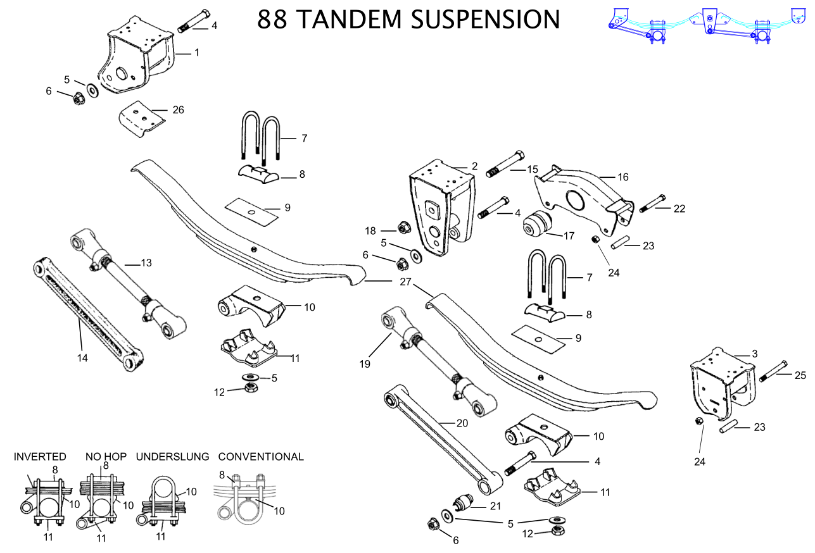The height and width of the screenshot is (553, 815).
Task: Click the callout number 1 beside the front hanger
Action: pos(196,53)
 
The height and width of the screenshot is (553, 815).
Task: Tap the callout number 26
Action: pos(178,110)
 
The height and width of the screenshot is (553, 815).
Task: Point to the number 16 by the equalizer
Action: pos(623,177)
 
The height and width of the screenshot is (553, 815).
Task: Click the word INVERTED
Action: pos(40,456)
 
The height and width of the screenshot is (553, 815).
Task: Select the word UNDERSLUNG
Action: pos(173,456)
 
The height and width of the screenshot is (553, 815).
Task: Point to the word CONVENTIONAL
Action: pos(261,456)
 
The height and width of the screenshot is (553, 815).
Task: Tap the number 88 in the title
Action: pos(273,18)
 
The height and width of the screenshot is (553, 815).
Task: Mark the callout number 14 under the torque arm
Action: pos(82,357)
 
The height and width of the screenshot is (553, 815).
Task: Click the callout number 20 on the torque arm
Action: pos(462,423)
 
